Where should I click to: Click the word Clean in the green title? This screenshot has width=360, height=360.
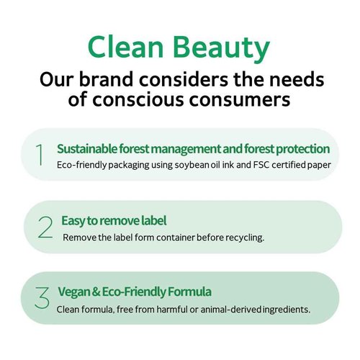click(x=126, y=47)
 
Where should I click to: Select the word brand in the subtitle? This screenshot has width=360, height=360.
click(x=106, y=79)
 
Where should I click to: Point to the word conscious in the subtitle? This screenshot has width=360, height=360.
click(x=138, y=100)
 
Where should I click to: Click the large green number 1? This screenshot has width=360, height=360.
click(x=40, y=155)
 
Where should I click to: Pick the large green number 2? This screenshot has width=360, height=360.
click(x=45, y=227)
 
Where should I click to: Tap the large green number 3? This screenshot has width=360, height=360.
click(x=42, y=297)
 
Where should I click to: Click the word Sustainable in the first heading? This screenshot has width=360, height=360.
click(x=87, y=149)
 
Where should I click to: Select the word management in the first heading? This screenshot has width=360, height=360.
click(x=186, y=149)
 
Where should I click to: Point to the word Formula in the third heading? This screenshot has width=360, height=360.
click(x=189, y=292)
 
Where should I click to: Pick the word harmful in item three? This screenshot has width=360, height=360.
click(x=172, y=310)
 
